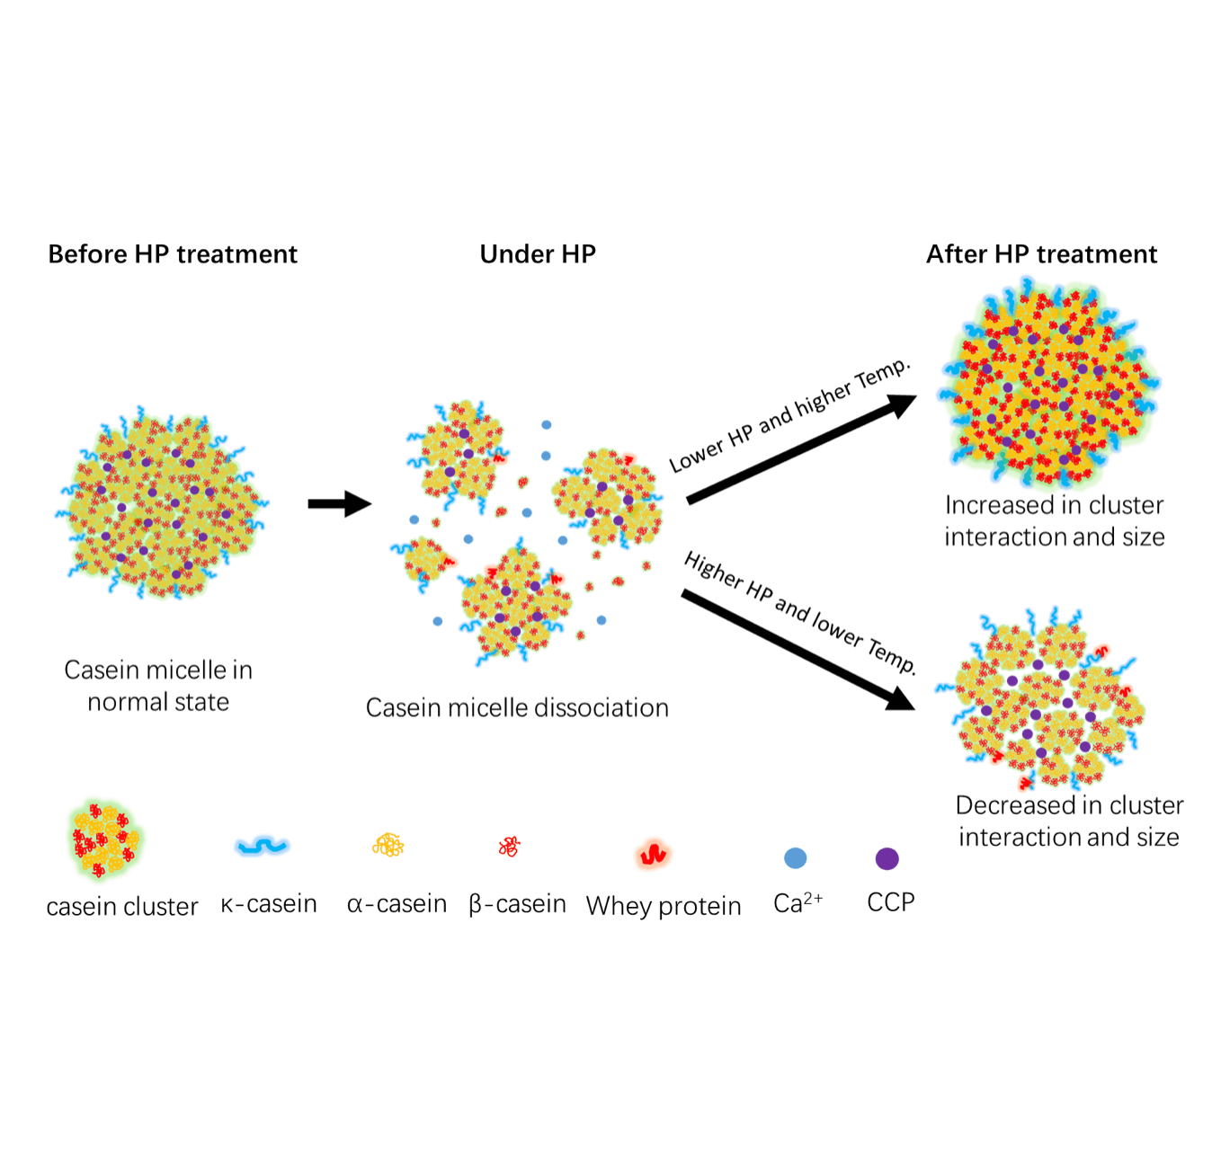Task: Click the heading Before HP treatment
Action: coord(173,254)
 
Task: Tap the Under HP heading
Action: coord(538,254)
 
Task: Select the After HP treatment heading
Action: coord(1041,254)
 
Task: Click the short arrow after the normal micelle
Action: coord(339,504)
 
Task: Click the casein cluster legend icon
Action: coord(105,839)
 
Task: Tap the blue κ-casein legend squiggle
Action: coord(262,846)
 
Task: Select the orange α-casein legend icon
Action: coord(388,845)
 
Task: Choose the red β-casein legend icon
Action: coord(510,846)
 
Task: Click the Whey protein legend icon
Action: coord(653,854)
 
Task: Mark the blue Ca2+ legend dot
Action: coord(795,858)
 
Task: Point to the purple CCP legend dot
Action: coord(887,858)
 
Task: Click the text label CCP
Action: coord(890,902)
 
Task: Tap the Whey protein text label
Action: coord(664,906)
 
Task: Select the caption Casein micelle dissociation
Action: coord(517,708)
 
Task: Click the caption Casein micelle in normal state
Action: coord(158,686)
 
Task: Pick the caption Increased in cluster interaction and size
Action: coord(1054,521)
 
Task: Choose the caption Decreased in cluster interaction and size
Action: coord(1068,821)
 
